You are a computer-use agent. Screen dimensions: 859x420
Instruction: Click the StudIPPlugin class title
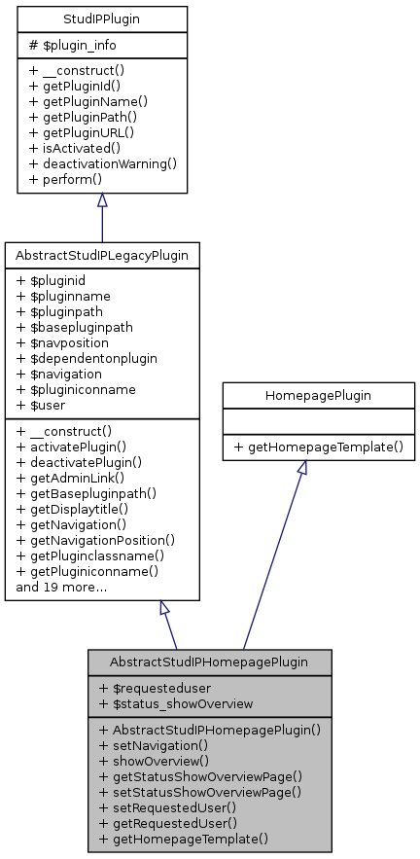[101, 18]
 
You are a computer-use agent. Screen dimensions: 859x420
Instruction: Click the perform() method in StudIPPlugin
[64, 180]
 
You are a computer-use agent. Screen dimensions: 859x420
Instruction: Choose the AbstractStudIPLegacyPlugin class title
[102, 255]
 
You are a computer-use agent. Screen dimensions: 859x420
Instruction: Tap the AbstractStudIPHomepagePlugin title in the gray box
[210, 662]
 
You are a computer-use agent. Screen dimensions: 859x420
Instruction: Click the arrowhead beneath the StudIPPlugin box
[102, 199]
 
